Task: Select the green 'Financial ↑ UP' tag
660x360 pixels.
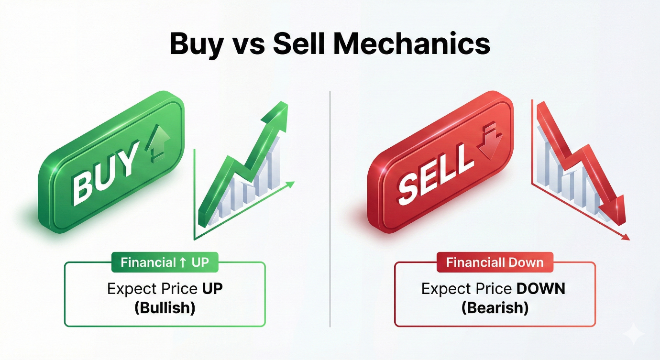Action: tap(165, 262)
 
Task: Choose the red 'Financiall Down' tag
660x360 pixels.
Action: tap(495, 262)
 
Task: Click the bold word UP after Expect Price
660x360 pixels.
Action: tap(212, 289)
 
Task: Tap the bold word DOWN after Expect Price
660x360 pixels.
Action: tap(540, 289)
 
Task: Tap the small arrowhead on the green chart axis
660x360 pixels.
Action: tap(290, 185)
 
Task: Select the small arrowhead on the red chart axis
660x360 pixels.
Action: tap(625, 237)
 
